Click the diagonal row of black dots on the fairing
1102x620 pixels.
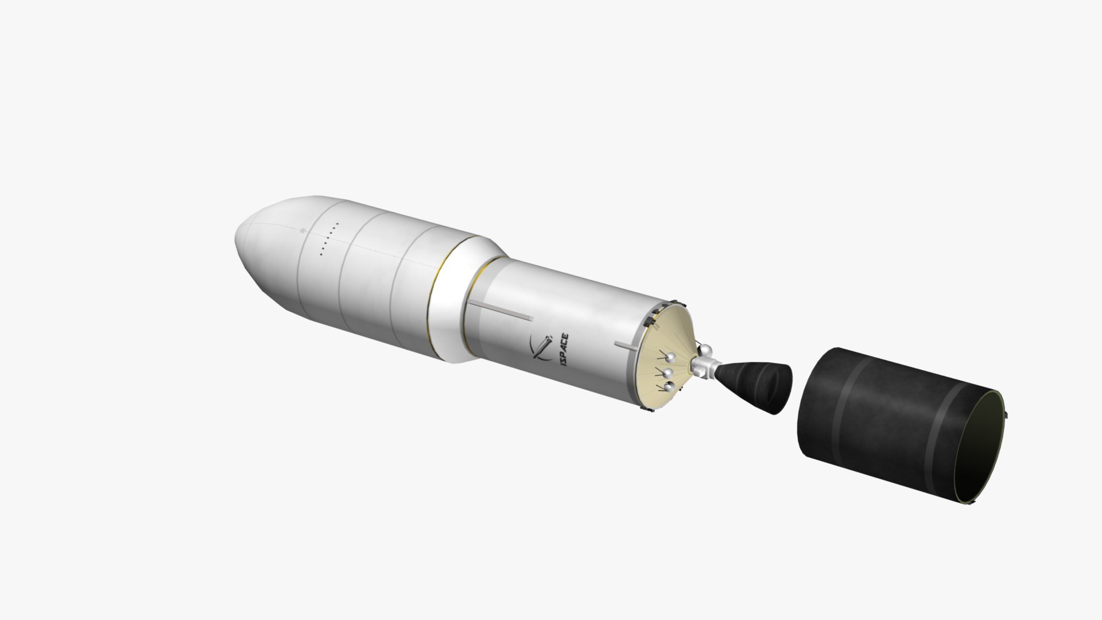(x=329, y=238)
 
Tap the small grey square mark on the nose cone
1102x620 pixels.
(x=303, y=231)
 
